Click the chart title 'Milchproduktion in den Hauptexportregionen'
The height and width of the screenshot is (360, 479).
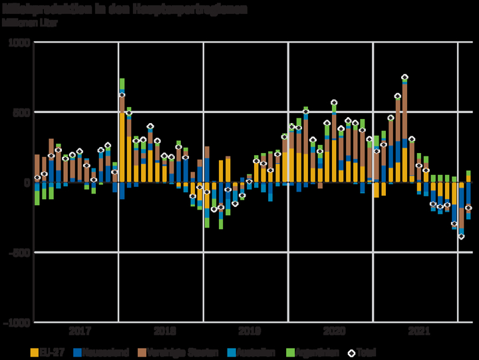125,10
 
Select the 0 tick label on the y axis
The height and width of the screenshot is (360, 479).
27,182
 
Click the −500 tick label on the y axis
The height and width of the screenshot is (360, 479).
18,252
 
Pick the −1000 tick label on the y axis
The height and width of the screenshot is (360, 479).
15,322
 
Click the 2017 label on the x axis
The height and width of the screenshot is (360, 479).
80,331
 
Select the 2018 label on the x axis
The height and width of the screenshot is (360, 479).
164,331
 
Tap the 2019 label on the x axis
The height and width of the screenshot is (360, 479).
249,331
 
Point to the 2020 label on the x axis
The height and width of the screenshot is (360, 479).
333,331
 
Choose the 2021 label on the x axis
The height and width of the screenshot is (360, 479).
418,331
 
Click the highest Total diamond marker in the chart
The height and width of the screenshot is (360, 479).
404,78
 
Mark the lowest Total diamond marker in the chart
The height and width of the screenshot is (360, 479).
461,236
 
